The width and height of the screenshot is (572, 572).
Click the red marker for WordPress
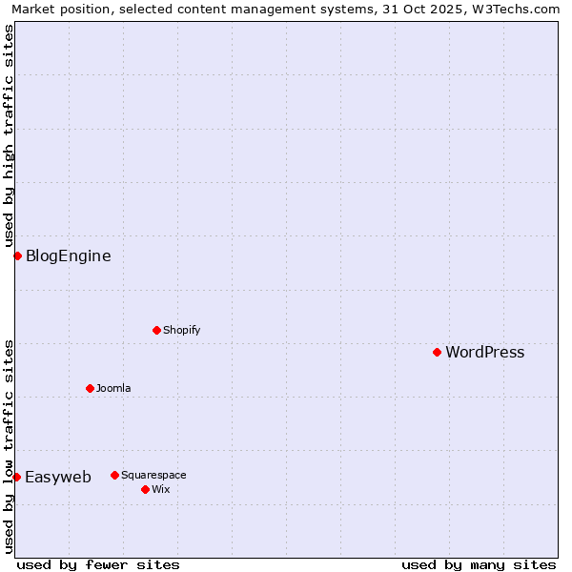[x=437, y=352]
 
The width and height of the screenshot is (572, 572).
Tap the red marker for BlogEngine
[x=17, y=255]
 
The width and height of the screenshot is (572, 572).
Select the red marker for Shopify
[x=156, y=330]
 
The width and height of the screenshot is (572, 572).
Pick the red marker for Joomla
[x=90, y=388]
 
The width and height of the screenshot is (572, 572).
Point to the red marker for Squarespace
[x=114, y=475]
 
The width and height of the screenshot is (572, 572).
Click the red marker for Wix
[x=145, y=489]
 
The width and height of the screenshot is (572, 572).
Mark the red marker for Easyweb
[x=16, y=477]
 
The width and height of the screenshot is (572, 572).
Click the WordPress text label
[x=484, y=352]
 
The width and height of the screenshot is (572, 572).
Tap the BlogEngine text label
[x=68, y=255]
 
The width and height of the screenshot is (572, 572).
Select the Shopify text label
[x=181, y=330]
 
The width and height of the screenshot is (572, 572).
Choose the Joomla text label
[x=113, y=388]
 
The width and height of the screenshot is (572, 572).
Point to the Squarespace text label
[x=153, y=475]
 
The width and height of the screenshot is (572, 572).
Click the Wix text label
[x=160, y=489]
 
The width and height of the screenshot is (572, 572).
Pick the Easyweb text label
[x=57, y=477]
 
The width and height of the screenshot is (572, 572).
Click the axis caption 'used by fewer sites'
[x=98, y=564]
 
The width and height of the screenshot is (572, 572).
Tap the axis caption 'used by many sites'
[x=479, y=564]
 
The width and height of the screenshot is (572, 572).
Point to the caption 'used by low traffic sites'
[x=9, y=446]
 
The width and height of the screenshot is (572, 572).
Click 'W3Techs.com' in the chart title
[x=516, y=9]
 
